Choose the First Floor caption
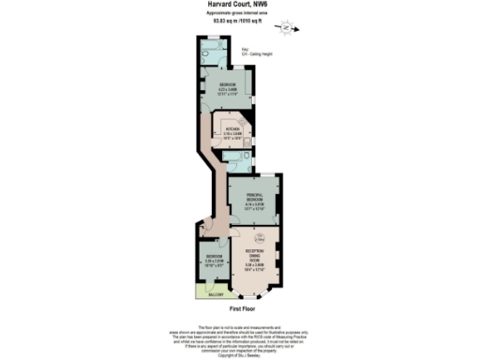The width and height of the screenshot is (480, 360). [243, 307]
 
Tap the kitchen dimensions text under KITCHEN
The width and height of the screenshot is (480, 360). [232, 137]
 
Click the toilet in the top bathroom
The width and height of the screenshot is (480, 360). [208, 54]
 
